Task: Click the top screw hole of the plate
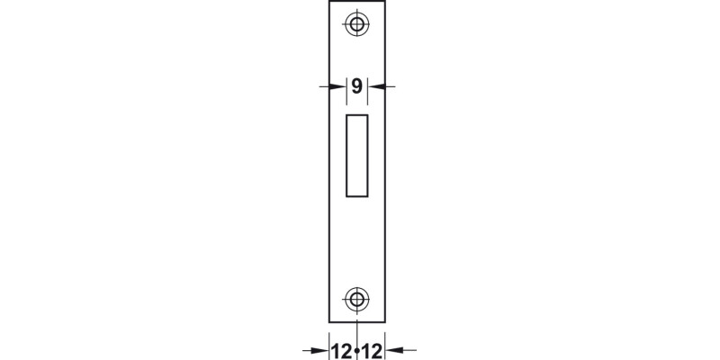357,24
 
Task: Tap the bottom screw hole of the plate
357,299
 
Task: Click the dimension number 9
357,86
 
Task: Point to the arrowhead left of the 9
340,86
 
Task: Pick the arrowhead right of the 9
375,86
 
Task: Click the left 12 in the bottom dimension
342,349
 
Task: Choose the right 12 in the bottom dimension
373,349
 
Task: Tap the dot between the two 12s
357,349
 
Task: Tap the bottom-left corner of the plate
328,321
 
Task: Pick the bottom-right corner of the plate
387,321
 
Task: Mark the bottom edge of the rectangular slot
357,195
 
